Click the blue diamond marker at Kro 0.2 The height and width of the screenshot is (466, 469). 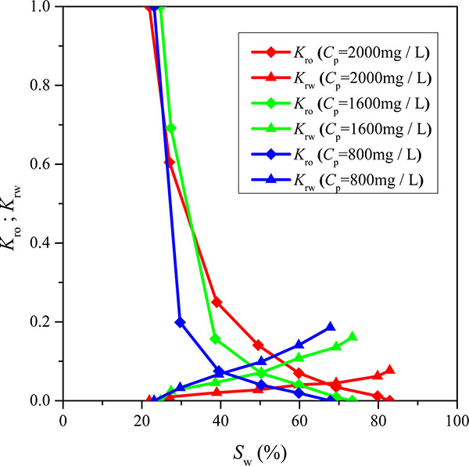pos(180,322)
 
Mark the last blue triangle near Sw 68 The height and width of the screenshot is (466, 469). pos(330,327)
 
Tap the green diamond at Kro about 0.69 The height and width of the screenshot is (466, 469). pos(171,127)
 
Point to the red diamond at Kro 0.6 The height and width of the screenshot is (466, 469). pos(169,162)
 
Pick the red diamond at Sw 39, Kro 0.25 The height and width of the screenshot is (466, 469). pos(217,302)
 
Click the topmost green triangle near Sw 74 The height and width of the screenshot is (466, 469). pos(353,337)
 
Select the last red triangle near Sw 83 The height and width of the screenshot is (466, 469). pos(389,370)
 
